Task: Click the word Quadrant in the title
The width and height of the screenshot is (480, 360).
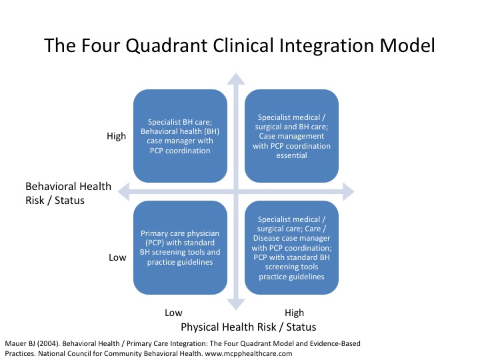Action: tap(167, 46)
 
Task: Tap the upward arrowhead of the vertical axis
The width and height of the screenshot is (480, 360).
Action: tap(236, 79)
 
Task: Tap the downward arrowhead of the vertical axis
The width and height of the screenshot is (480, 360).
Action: tap(236, 305)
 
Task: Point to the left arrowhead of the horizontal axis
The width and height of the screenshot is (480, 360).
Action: tap(123, 191)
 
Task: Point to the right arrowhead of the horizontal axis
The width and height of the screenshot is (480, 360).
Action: tap(349, 191)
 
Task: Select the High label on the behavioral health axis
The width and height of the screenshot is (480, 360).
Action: tap(116, 136)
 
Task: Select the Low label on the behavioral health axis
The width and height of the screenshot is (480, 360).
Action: tap(117, 257)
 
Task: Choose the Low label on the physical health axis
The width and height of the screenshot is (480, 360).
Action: tap(173, 313)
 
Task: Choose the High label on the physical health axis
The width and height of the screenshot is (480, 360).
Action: tap(294, 313)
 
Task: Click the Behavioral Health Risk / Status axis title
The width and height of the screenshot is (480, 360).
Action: tap(68, 193)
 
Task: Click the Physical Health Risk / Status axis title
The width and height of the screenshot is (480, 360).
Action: tap(248, 327)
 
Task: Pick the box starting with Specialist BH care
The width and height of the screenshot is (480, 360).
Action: tap(180, 136)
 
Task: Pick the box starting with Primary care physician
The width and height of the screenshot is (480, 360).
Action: tap(180, 247)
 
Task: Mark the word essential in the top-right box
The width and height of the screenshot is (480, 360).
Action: tap(291, 155)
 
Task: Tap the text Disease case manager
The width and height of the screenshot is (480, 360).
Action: tap(291, 238)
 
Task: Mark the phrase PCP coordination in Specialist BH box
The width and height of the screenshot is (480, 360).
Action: tap(180, 151)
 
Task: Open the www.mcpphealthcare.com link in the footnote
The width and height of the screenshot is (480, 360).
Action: tap(249, 353)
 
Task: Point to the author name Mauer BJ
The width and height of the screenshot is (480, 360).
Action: tap(20, 344)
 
